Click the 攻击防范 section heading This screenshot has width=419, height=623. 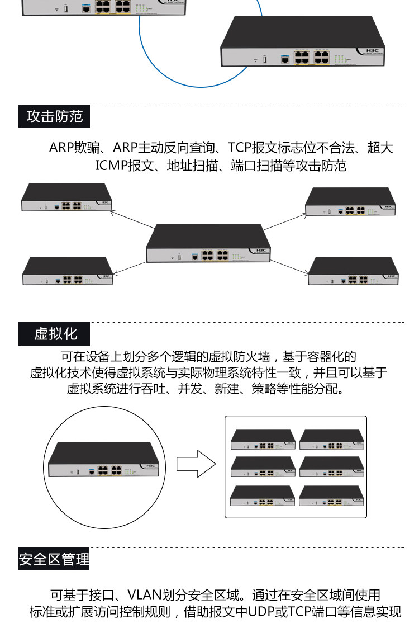tap(54, 116)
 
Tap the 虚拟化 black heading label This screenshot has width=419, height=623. tap(54, 334)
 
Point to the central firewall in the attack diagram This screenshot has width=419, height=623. tap(208, 243)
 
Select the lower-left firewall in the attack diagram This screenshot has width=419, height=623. tap(68, 271)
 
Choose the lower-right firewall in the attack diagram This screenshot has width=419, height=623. tap(353, 271)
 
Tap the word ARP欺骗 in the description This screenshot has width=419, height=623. tap(74, 148)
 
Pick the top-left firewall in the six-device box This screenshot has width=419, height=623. tap(263, 440)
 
